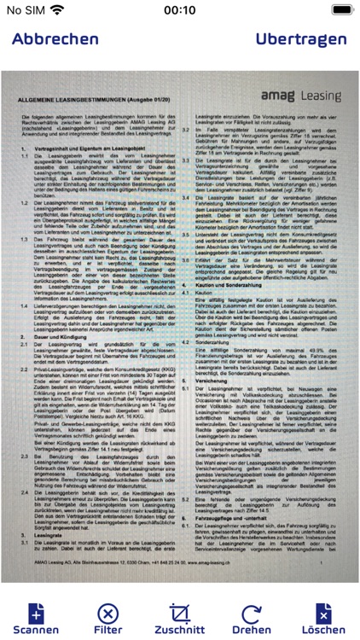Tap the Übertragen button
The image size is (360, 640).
pyautogui.click(x=301, y=39)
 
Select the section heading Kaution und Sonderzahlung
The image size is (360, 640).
pyautogui.click(x=230, y=284)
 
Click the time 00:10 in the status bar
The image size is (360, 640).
pyautogui.click(x=180, y=11)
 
